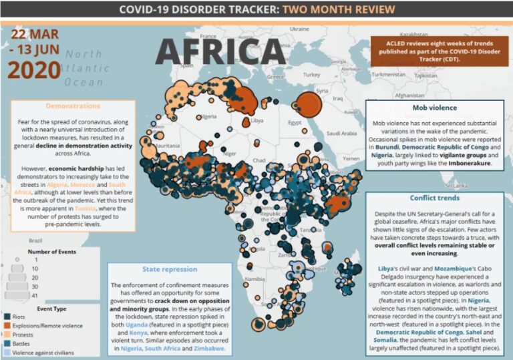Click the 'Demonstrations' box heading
coord(73,106)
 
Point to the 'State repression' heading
coord(170,270)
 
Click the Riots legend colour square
coord(7,317)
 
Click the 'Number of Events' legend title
coord(50,252)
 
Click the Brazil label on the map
coord(35,238)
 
